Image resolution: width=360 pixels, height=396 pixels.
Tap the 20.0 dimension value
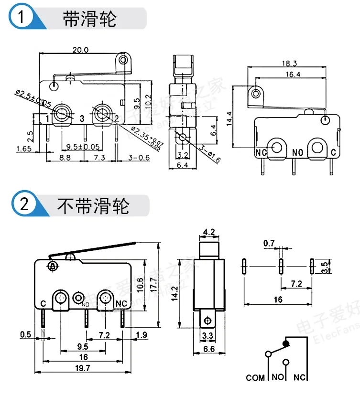pyautogui.click(x=81, y=49)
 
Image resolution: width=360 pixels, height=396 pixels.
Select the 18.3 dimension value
pyautogui.click(x=287, y=64)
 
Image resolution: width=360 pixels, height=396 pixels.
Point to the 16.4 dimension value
pyautogui.click(x=286, y=74)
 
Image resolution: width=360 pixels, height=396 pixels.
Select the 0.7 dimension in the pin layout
pyautogui.click(x=269, y=244)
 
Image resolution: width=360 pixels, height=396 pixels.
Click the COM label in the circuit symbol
pyautogui.click(x=255, y=378)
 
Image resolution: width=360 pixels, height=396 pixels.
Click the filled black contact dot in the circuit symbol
pyautogui.click(x=286, y=342)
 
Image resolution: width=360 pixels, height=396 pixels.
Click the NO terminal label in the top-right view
pyautogui.click(x=298, y=153)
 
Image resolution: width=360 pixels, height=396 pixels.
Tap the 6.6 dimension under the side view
pyautogui.click(x=208, y=349)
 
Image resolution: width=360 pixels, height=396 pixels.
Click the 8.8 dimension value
pyautogui.click(x=65, y=157)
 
